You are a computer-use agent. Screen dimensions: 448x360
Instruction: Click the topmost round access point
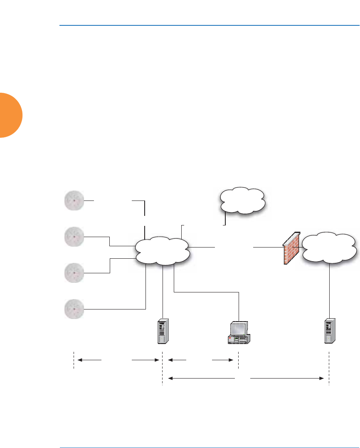74,200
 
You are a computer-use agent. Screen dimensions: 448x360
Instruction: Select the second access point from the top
74,236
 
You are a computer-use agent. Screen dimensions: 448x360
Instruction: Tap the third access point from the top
74,273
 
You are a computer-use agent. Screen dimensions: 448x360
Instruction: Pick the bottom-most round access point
74,309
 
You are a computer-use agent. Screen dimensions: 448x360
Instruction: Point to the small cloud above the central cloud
242,200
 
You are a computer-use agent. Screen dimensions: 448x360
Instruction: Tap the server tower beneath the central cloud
163,331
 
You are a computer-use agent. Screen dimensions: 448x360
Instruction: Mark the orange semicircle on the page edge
10,116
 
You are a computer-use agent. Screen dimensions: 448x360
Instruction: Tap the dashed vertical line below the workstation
238,360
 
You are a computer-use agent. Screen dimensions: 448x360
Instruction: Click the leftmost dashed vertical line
74,360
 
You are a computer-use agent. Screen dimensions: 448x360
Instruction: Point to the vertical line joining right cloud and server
329,291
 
